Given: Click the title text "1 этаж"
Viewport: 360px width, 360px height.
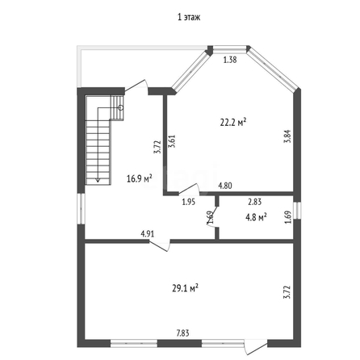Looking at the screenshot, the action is point(189,18).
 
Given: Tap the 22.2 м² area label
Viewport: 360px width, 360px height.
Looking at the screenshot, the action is point(233,123).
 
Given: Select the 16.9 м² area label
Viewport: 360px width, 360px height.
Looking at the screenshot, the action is point(140,178).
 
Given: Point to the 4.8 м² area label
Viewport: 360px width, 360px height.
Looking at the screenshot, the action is point(256,217).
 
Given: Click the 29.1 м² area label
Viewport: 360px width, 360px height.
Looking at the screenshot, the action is point(186,288).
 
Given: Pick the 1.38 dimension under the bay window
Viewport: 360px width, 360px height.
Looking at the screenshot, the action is point(230,60).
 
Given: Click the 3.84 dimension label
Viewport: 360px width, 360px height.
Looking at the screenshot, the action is point(288,136).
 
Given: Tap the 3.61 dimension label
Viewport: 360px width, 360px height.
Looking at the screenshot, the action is point(171,141).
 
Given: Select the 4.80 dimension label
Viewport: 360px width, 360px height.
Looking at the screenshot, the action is point(225,186).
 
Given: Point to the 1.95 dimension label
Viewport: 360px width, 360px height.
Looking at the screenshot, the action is point(188,202).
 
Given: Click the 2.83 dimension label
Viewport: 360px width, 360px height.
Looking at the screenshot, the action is point(254,202).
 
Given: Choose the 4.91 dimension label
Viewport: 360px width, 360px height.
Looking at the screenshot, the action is point(148,234).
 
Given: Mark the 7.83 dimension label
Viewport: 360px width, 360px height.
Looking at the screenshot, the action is point(182,333).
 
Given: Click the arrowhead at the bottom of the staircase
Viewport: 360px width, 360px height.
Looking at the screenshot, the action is point(98,180).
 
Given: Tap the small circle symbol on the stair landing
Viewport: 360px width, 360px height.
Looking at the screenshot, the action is point(121,107).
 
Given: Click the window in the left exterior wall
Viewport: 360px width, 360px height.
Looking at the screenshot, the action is point(82,208).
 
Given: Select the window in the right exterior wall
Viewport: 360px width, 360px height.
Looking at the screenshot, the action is point(297,210).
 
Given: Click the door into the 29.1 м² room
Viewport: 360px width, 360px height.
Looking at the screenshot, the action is point(160,245).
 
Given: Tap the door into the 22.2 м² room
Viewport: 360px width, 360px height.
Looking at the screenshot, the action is point(189,189).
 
